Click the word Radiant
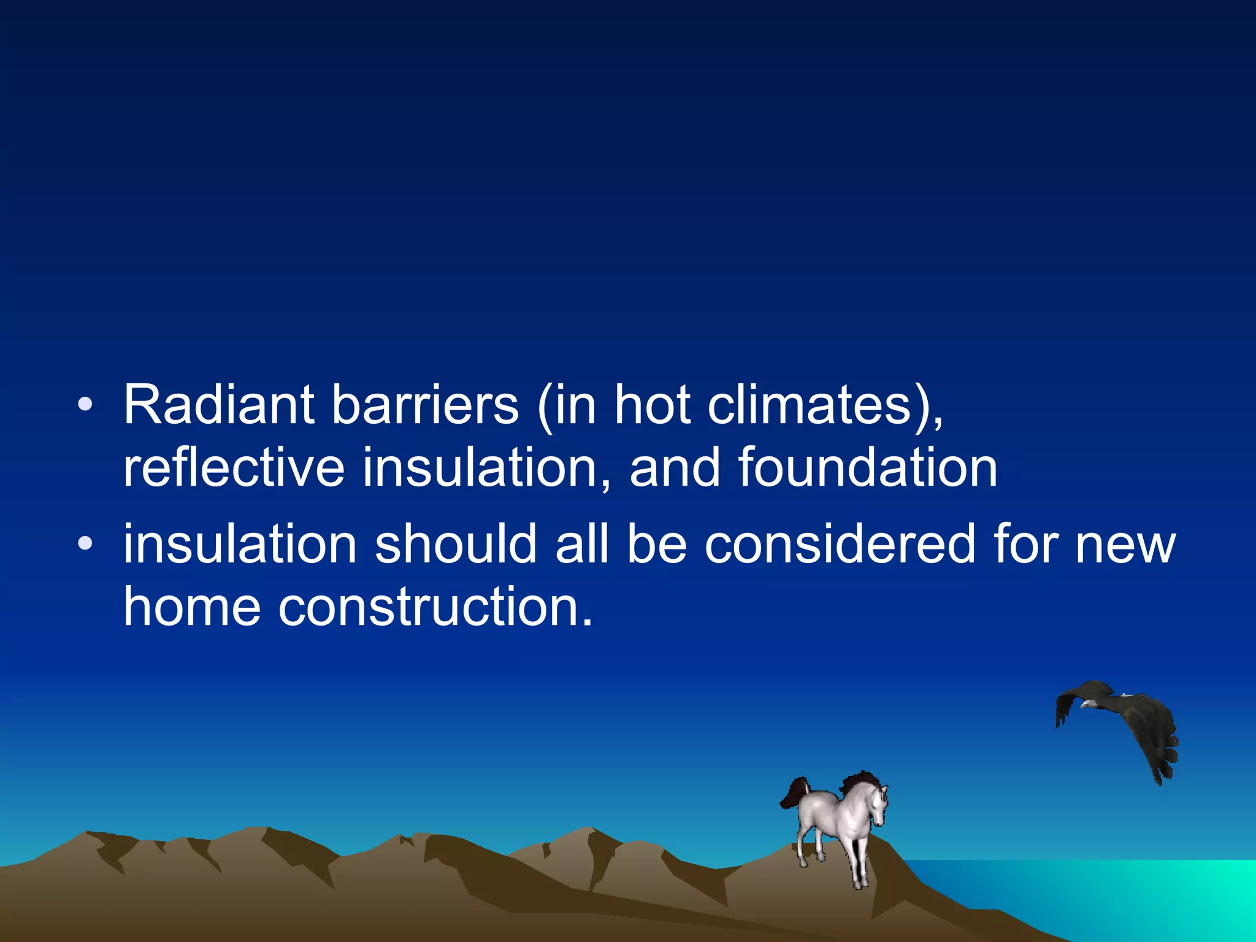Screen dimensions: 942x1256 (x=219, y=405)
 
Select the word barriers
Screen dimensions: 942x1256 (x=425, y=405)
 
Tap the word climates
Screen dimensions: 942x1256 (x=810, y=405)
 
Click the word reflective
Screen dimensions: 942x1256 (x=234, y=468)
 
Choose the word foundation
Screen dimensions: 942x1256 (x=867, y=468)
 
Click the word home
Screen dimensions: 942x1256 (x=192, y=607)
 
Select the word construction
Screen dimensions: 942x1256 (x=435, y=607)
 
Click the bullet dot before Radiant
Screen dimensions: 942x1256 (x=85, y=405)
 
